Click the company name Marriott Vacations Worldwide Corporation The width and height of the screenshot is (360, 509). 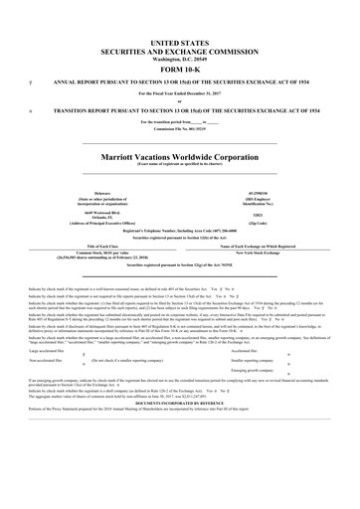pyautogui.click(x=180, y=157)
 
